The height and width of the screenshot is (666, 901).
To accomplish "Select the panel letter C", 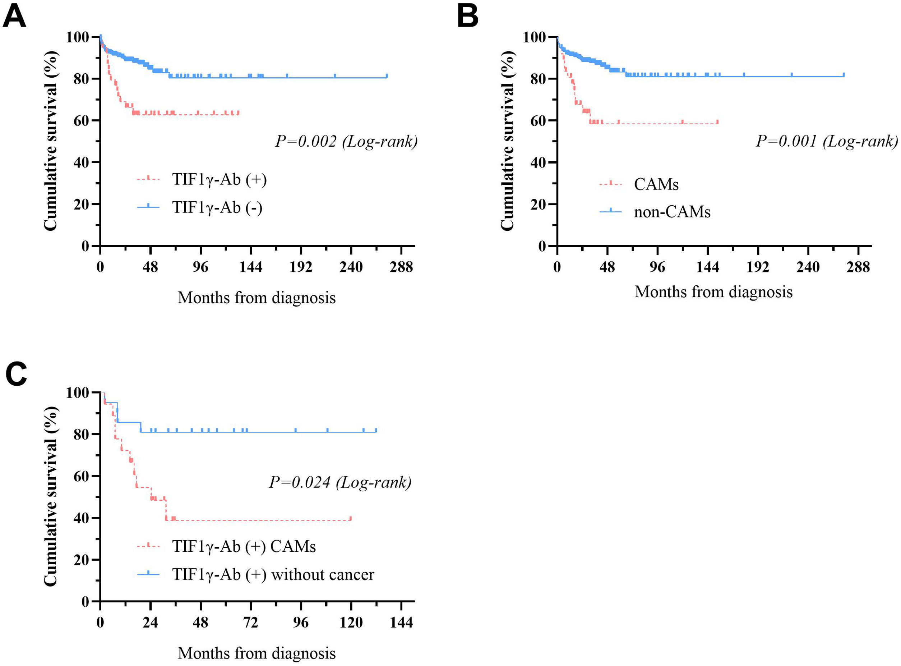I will [x=16, y=374].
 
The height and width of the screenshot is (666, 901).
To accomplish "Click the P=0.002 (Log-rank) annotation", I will [x=346, y=142].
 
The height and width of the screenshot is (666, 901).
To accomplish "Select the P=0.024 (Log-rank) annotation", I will [x=340, y=482].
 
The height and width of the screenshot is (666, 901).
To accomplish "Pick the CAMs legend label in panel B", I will [x=656, y=184].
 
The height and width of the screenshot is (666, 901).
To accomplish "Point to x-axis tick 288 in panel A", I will [x=401, y=267].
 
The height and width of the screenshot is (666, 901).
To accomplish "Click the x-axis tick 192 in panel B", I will [x=758, y=267].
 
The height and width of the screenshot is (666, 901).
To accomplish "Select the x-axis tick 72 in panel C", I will [x=251, y=623].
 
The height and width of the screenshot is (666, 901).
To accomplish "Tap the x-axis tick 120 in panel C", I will [x=351, y=623].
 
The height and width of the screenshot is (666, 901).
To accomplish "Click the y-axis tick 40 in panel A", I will [x=81, y=162].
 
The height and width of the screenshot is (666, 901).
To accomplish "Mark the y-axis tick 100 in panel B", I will [x=534, y=37].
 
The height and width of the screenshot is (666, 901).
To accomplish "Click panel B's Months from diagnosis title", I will [x=713, y=292].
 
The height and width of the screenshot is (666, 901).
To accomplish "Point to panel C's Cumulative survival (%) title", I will [x=50, y=496].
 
